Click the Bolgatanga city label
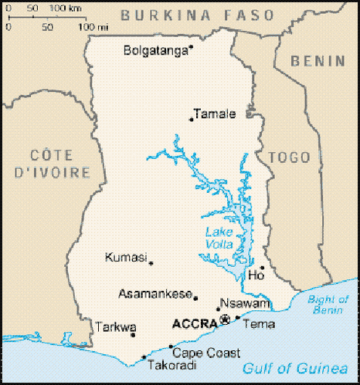tap(155, 51)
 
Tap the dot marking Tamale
tap(191, 119)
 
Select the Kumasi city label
tap(125, 257)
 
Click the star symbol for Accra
tap(225, 319)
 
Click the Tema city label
tap(258, 324)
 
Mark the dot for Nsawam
tap(218, 309)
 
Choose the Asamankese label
tap(154, 293)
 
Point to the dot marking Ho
tap(263, 268)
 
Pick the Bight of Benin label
tap(328, 304)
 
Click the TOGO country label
tap(287, 157)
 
